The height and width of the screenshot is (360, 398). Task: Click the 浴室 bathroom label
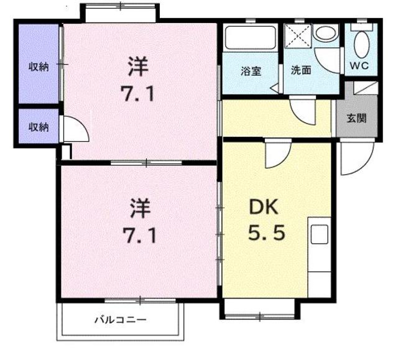[251, 70]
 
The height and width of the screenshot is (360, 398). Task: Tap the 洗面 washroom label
[301, 70]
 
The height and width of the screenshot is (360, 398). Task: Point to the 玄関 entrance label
[357, 118]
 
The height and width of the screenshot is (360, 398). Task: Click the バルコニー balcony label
[120, 321]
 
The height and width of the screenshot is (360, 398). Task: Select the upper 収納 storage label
[38, 67]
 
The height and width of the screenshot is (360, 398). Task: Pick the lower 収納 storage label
[38, 127]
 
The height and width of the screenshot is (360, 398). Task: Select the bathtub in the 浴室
[249, 37]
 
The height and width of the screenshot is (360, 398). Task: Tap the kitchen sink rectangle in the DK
[319, 234]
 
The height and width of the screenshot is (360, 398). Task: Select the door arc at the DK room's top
[274, 154]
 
